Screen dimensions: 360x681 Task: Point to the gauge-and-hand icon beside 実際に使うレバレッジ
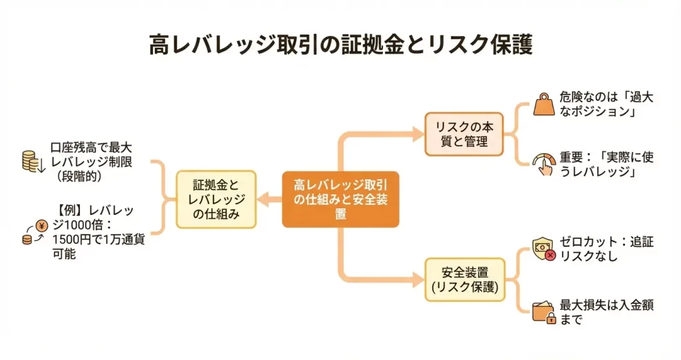click(x=543, y=164)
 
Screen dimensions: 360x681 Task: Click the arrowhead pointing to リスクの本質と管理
click(x=419, y=134)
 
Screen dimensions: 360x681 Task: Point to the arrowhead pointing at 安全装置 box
click(x=419, y=280)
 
